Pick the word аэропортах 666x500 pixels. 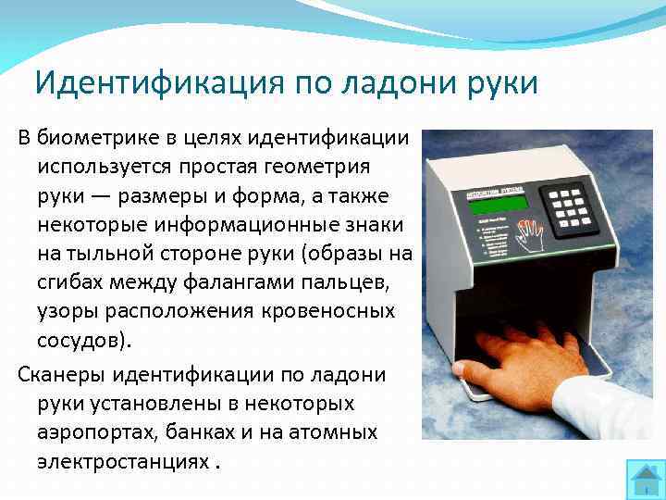click(95, 434)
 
